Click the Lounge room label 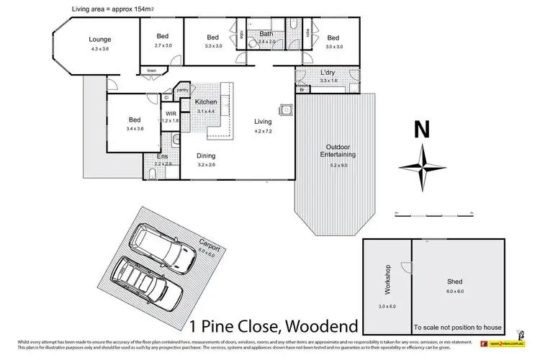(x=99, y=39)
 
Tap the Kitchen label (x=206, y=102)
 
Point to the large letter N (x=422, y=131)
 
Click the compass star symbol (x=423, y=167)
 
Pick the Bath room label (x=266, y=34)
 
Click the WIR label (x=171, y=114)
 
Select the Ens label (x=162, y=156)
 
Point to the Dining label (x=207, y=156)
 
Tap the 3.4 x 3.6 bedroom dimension (x=135, y=129)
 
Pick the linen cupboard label (x=151, y=70)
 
